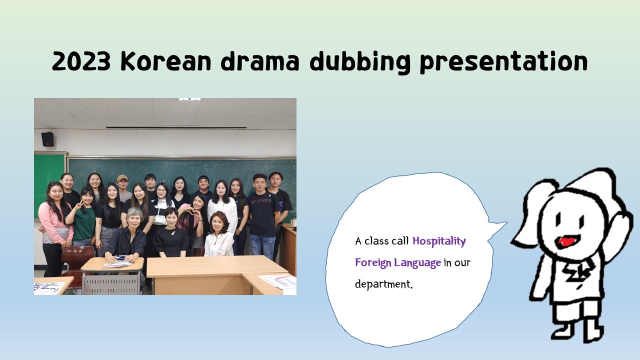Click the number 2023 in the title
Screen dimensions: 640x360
(x=81, y=61)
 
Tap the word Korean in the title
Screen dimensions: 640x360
(x=165, y=61)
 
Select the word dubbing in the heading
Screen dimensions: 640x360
(x=360, y=62)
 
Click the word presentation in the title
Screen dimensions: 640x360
(x=503, y=62)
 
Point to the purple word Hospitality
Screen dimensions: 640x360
(x=439, y=241)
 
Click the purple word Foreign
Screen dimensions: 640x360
(x=373, y=263)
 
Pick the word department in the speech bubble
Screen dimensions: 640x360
(x=383, y=284)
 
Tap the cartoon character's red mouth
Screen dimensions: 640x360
(x=567, y=241)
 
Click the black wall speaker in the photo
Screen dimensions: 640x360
(x=47, y=139)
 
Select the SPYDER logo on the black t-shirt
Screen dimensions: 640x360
(x=261, y=201)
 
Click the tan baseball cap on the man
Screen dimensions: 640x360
(x=122, y=178)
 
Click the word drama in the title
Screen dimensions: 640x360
(x=260, y=61)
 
